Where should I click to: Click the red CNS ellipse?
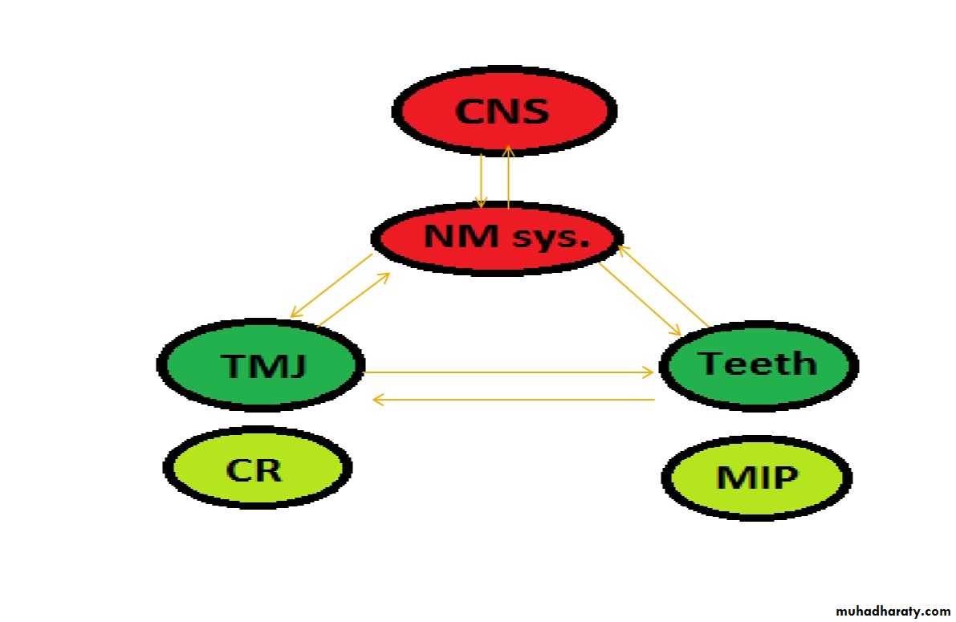pos(504,111)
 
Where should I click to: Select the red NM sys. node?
pos(497,238)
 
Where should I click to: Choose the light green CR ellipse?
pos(257,469)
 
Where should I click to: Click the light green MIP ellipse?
pos(756,478)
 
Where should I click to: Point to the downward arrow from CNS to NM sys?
pos(481,180)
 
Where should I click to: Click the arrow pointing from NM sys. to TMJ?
pos(332,286)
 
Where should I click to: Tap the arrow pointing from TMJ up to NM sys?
pos(354,299)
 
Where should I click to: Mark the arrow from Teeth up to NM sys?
pos(662,286)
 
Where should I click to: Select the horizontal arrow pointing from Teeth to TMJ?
pos(514,400)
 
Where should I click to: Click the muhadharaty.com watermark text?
pos(886,611)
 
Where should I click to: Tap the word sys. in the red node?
pos(550,237)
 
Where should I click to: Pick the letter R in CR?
pos(270,469)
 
